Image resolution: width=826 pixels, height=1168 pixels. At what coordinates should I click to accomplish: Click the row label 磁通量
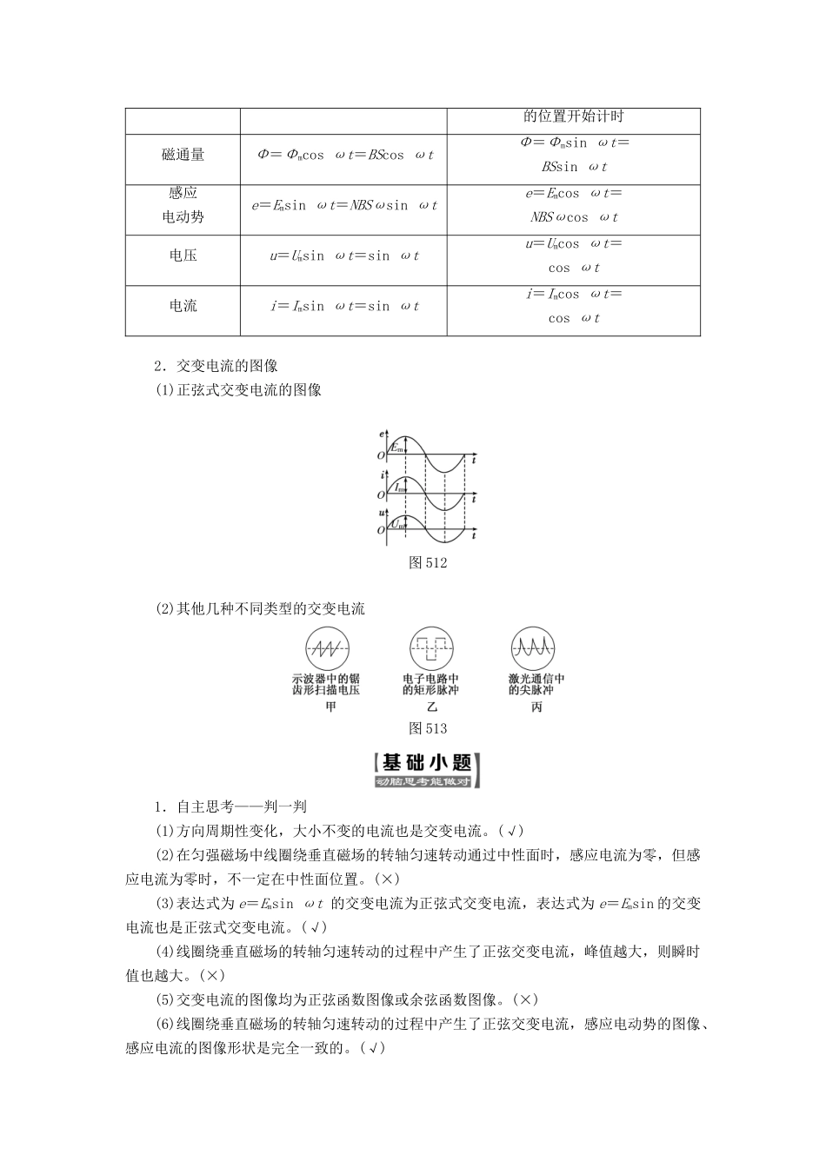tap(183, 155)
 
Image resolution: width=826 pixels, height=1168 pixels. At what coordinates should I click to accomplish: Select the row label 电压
tap(183, 255)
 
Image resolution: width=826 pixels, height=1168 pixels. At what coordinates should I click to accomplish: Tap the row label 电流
tap(183, 306)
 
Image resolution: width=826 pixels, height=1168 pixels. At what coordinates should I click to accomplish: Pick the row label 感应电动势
tap(183, 205)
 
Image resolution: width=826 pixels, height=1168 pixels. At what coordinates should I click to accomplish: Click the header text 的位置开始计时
tap(574, 116)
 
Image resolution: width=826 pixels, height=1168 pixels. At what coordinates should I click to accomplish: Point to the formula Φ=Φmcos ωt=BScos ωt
tap(344, 155)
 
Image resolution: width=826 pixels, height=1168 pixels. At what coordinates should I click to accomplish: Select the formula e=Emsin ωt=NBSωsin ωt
tap(344, 205)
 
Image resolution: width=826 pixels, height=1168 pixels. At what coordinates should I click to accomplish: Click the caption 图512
tap(427, 562)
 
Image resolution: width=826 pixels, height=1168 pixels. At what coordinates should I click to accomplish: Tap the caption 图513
tap(427, 728)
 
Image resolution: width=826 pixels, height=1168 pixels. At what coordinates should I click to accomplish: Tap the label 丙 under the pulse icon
tap(536, 707)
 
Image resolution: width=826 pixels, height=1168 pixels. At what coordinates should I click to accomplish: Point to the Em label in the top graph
tap(397, 448)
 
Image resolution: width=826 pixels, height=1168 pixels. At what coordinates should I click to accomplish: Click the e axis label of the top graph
tap(383, 433)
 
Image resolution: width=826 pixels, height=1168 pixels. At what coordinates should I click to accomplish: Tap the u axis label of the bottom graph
tap(383, 514)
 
